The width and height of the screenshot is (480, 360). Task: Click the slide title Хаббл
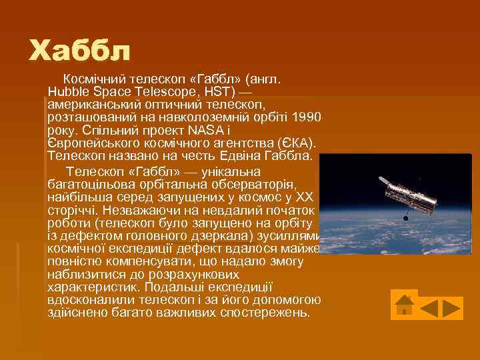(80, 50)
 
